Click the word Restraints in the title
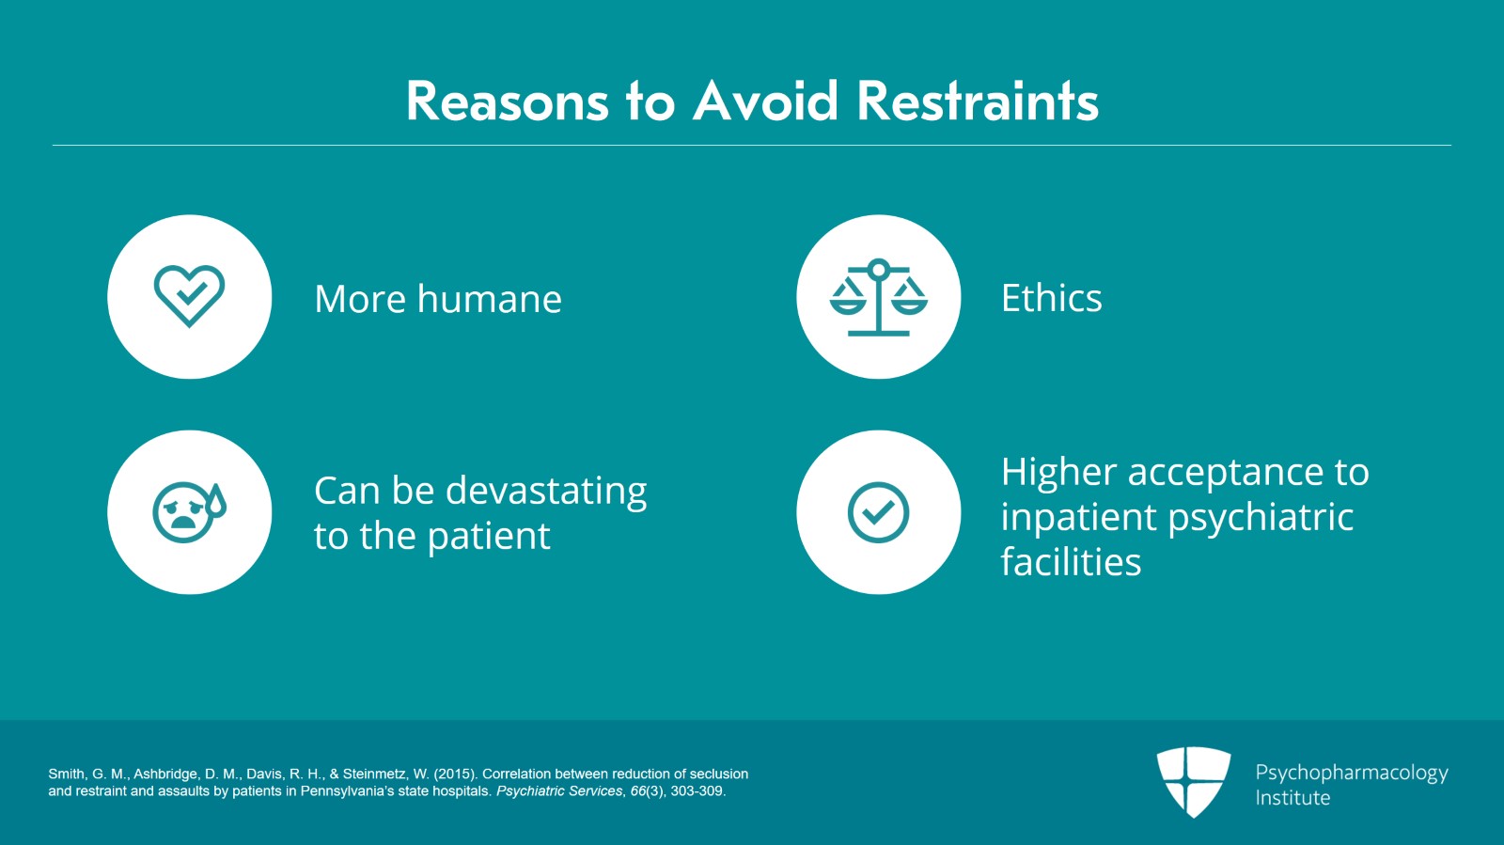[978, 102]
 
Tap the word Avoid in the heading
[766, 102]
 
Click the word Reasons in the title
[508, 102]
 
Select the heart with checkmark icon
[189, 296]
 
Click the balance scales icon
[878, 297]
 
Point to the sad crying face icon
[189, 512]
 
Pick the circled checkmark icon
[878, 512]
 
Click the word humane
[490, 299]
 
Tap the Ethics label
[1052, 298]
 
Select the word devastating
[546, 492]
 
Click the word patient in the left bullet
[489, 537]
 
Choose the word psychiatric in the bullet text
[1261, 518]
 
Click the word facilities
[1071, 561]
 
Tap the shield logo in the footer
[1193, 782]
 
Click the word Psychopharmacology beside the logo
[1352, 774]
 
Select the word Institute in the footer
[1292, 798]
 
